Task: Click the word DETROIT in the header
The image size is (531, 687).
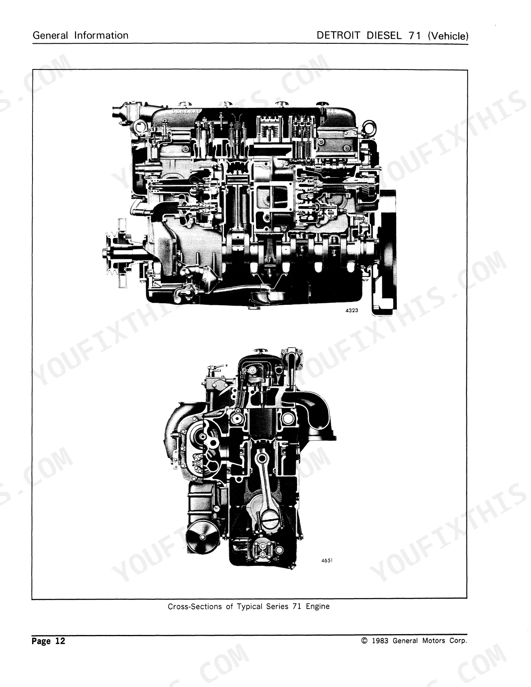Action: coord(339,35)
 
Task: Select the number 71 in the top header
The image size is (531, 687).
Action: coord(415,35)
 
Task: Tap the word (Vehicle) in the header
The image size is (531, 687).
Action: coord(448,36)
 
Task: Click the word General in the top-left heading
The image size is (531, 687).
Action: coord(50,35)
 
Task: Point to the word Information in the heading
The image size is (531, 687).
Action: coord(101,35)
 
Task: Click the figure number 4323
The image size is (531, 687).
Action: coord(352,311)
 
